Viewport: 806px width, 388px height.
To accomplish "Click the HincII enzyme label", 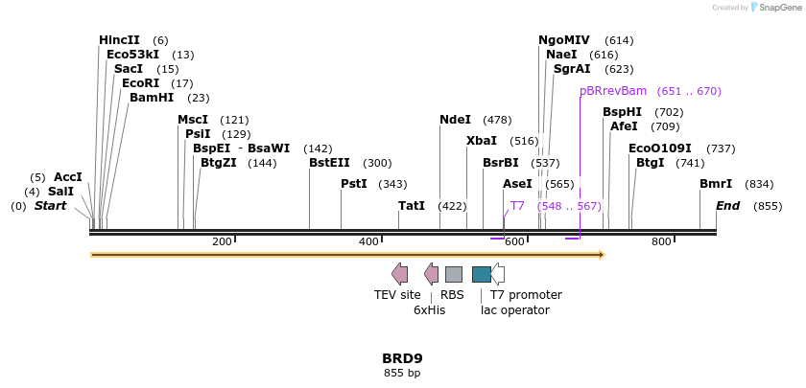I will [119, 40].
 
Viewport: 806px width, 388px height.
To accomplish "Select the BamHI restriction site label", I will [152, 98].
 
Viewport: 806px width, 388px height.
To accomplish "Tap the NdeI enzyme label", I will [455, 120].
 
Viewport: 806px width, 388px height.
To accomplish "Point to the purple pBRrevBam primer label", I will [613, 91].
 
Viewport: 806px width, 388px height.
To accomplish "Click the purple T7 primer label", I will [517, 206].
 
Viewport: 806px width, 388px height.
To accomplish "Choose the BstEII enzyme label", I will [329, 163].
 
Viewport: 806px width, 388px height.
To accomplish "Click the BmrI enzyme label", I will [716, 184].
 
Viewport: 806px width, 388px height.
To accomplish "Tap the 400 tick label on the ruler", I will [368, 241].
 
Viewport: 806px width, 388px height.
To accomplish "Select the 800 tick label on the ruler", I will [661, 241].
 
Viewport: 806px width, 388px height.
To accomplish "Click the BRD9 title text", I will [402, 358].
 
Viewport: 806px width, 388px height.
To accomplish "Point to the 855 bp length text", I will [402, 373].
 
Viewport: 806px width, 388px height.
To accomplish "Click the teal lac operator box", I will [482, 275].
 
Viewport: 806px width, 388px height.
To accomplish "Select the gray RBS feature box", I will [454, 275].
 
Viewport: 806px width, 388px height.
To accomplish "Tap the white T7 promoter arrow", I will [498, 275].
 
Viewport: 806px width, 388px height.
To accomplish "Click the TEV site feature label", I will [397, 295].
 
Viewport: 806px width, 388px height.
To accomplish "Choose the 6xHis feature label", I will [429, 310].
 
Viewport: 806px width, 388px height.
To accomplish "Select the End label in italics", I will [728, 206].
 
